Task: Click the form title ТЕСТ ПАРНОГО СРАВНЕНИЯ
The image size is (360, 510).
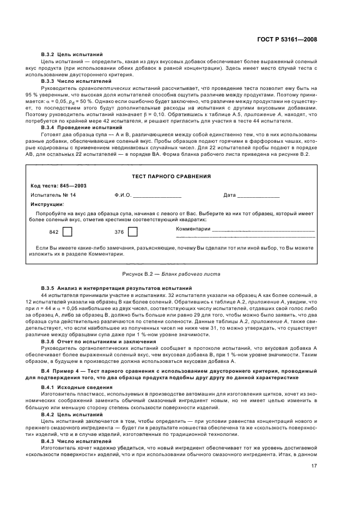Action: [x=172, y=177]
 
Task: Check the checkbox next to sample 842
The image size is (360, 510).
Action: [x=68, y=232]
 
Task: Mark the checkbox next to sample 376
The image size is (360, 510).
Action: [x=132, y=232]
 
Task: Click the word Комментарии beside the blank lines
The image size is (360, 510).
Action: [x=193, y=229]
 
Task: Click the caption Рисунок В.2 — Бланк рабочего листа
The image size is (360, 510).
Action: [x=171, y=274]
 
